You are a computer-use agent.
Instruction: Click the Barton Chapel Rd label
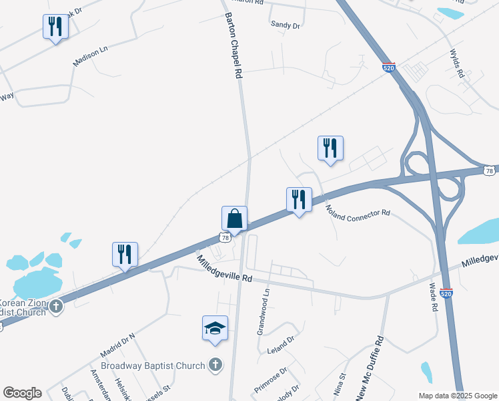coord(232,45)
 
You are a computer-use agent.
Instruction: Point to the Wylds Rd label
coord(456,63)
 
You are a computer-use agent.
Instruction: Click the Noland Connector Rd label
coord(358,212)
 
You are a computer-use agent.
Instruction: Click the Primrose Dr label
coord(270,380)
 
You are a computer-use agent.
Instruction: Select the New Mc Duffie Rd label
coord(370,368)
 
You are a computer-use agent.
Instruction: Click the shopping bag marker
coord(234,218)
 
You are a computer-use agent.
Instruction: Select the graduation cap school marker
coord(215,328)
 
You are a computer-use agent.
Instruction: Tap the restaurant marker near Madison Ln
coord(55,27)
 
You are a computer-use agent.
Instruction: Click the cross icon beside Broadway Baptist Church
coord(214,365)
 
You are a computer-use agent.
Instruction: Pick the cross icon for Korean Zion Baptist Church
coord(56,307)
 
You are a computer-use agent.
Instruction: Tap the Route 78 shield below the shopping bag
coord(225,237)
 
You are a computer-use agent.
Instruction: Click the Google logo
coord(22,393)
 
